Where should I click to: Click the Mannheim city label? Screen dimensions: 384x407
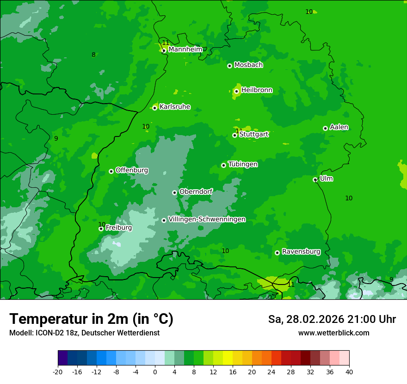(185, 49)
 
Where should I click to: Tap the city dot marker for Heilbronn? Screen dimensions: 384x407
(236, 91)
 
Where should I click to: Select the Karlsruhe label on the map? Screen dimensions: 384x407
(175, 107)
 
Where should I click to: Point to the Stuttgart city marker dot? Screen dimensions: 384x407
(234, 135)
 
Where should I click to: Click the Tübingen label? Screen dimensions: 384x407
(243, 164)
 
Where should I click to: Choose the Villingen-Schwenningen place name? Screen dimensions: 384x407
(207, 219)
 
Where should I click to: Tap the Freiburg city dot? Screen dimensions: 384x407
(101, 229)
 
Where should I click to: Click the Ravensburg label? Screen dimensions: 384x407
(301, 252)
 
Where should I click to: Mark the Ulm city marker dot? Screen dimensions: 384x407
(315, 180)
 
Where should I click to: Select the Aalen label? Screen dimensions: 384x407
(339, 127)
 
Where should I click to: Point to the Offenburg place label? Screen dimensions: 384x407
(132, 170)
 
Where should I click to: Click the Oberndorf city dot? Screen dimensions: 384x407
(174, 192)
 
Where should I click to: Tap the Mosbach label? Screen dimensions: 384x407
(248, 65)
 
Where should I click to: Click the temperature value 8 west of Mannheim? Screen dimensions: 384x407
(93, 55)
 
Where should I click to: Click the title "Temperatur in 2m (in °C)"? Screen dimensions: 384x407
(91, 319)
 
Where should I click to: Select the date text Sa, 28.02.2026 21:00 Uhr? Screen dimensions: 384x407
(332, 319)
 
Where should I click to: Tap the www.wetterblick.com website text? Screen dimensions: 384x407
(333, 333)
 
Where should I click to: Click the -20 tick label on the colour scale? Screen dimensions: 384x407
(58, 372)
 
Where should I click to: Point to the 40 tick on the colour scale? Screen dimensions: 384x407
(349, 372)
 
